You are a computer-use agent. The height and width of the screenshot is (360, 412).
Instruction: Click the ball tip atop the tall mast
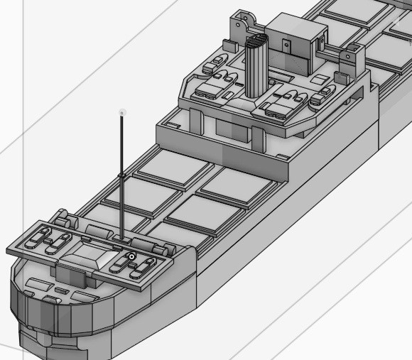pyautogui.click(x=122, y=112)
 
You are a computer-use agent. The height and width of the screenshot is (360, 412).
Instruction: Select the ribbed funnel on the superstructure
pyautogui.click(x=256, y=67)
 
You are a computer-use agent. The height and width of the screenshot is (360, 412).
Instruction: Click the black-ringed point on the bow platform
pyautogui.click(x=131, y=256)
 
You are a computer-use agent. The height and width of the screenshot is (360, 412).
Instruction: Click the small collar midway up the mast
pyautogui.click(x=122, y=174)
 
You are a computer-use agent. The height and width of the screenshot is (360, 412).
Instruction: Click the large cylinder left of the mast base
pyautogui.click(x=97, y=230)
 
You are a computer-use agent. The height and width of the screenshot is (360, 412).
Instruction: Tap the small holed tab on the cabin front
pyautogui.click(x=287, y=44)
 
